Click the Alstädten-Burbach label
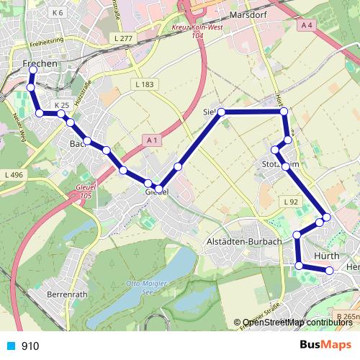point(243,241)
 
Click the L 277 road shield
point(124,37)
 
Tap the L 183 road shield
point(144,84)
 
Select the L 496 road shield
point(14,175)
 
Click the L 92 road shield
point(291,201)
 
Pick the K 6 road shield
point(57,13)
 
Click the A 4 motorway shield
point(308,25)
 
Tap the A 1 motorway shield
point(150,139)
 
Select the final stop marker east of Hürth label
point(330,271)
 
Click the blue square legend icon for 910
point(12,346)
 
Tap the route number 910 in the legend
point(30,346)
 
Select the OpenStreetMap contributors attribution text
point(297,322)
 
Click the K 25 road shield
point(61,105)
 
